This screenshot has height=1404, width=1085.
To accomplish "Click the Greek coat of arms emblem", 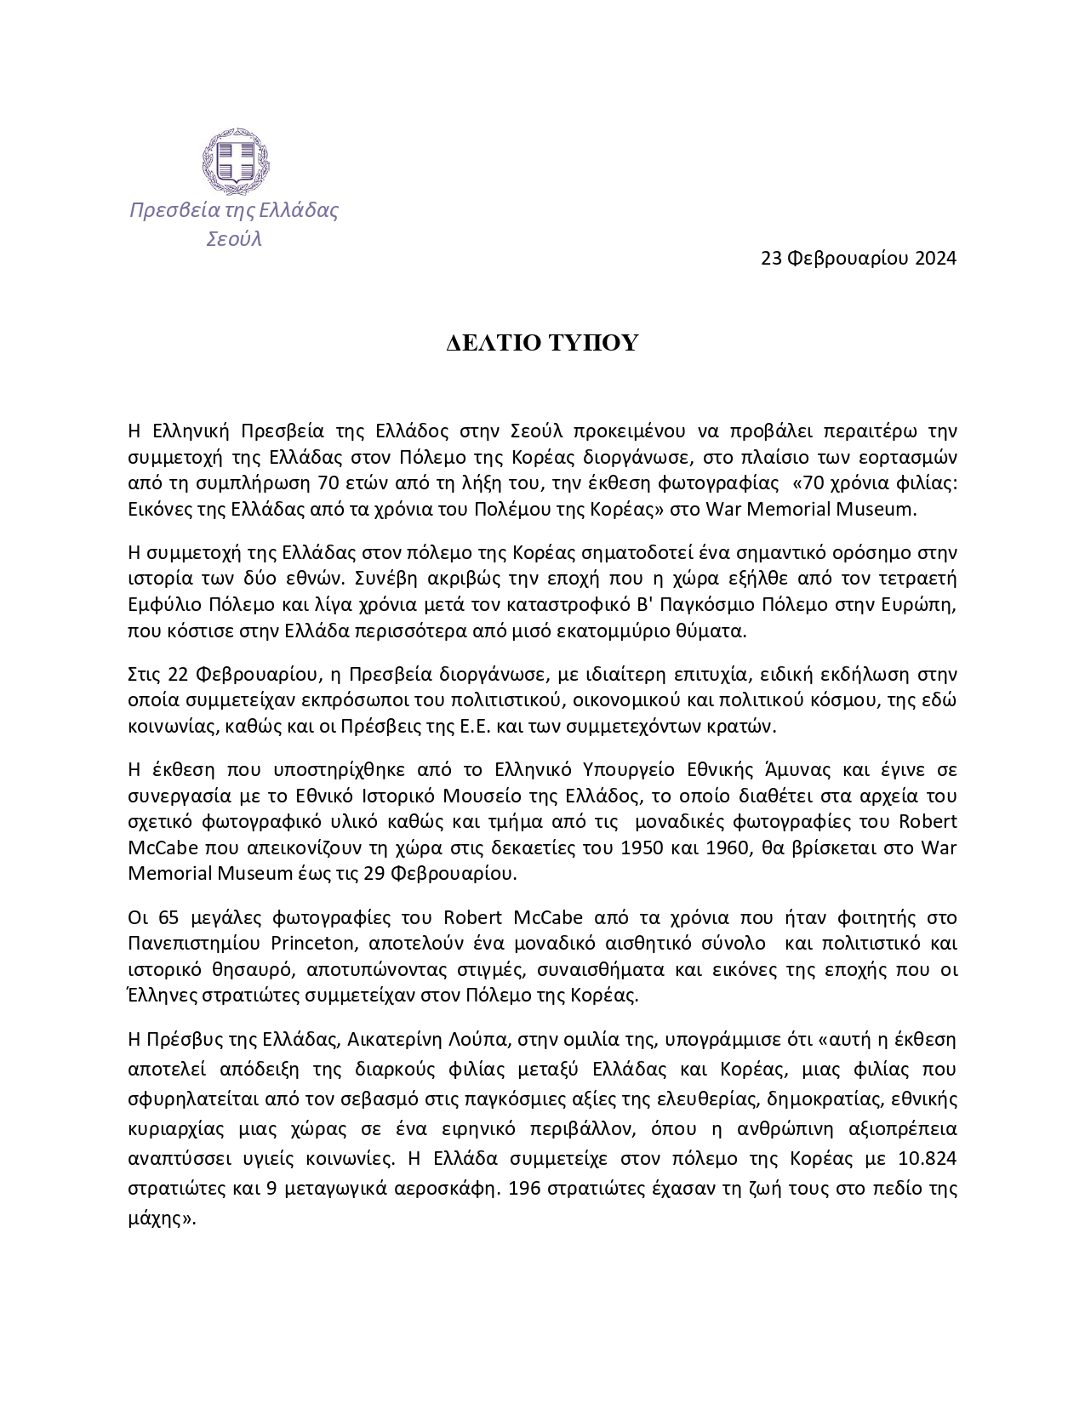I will click(235, 161).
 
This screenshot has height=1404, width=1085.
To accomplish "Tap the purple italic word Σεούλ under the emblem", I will click(234, 239).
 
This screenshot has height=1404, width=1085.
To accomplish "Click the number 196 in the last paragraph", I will click(524, 1190).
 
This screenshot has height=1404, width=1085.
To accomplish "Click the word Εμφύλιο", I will click(163, 605).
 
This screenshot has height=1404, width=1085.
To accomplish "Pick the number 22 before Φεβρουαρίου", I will click(177, 676).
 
